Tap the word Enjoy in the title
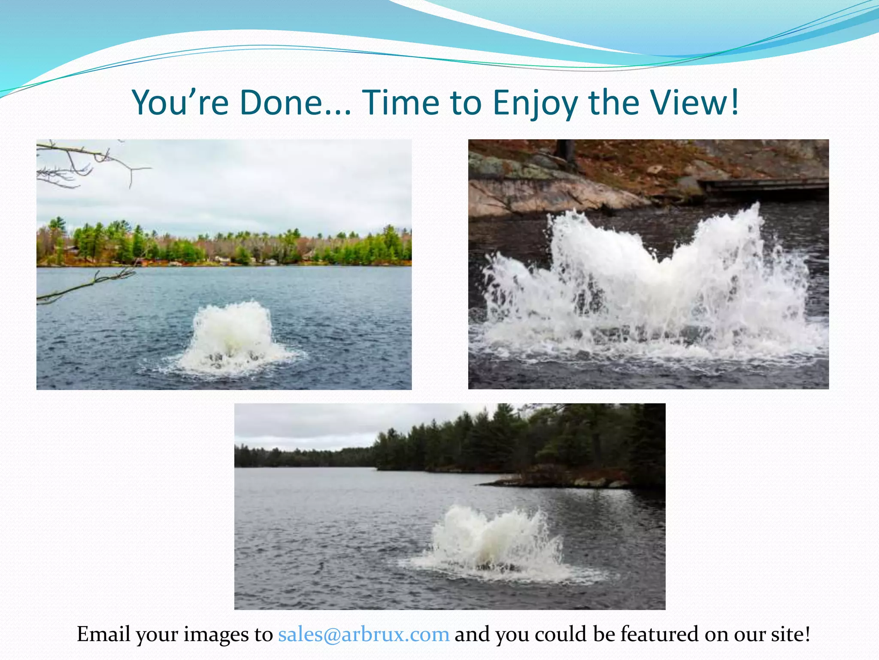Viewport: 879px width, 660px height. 534,103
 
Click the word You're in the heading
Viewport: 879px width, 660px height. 180,103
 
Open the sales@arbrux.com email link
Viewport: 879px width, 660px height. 364,634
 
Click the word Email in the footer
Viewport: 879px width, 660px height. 103,634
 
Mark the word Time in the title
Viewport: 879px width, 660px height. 401,103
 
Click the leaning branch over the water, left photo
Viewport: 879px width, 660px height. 86,286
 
